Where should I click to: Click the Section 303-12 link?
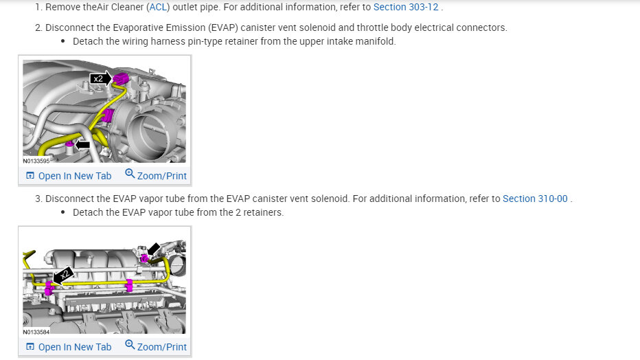(x=406, y=7)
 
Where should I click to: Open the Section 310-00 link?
(x=535, y=199)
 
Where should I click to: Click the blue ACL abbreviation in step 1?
(x=158, y=7)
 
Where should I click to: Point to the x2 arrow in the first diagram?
(x=101, y=79)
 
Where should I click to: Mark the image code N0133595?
(x=36, y=161)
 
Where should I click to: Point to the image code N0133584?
(x=36, y=332)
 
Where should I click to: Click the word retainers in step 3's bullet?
(x=262, y=212)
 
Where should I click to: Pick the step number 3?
(x=38, y=199)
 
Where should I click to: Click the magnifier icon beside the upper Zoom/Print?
(x=130, y=175)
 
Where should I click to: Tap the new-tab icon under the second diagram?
(x=30, y=347)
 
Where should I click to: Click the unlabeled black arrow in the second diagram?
(x=155, y=249)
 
